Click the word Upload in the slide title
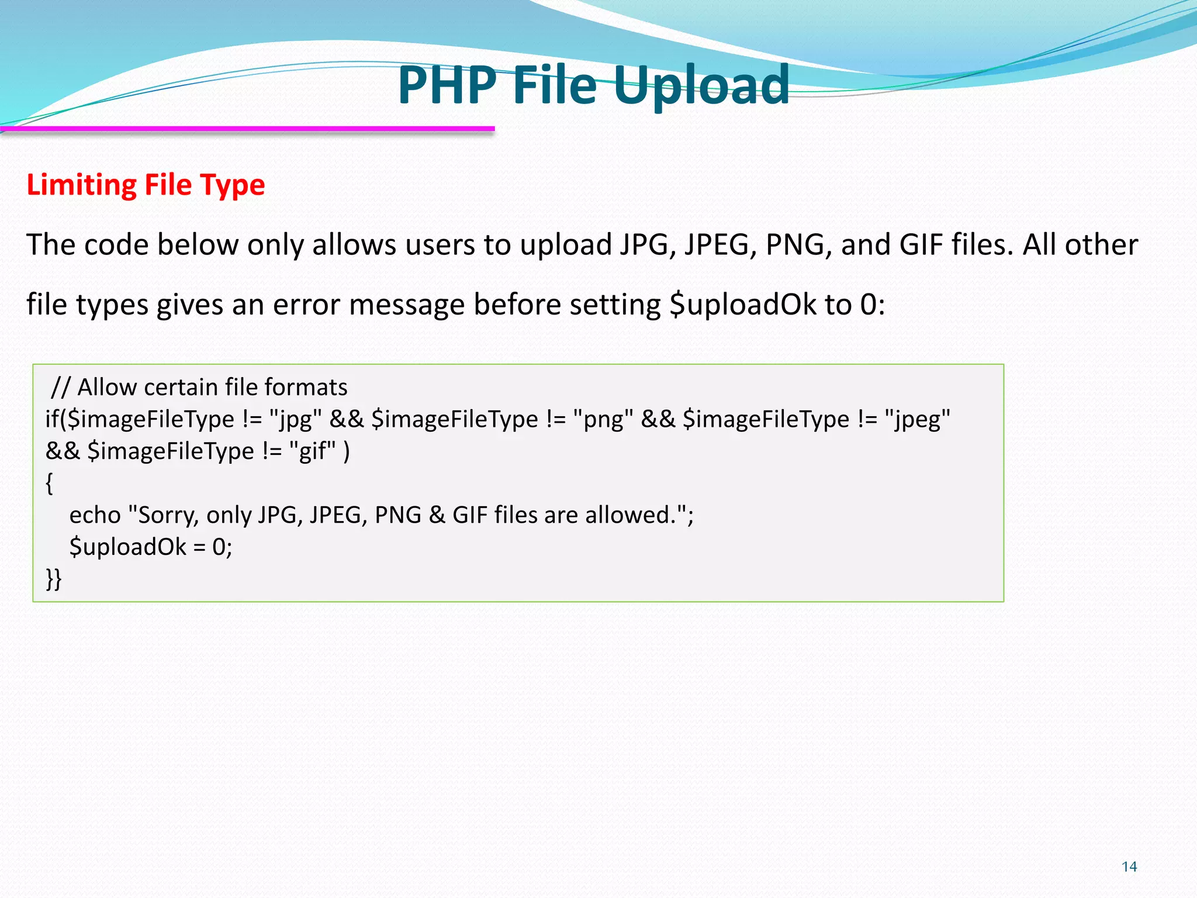point(701,87)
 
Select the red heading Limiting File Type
point(146,185)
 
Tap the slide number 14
point(1129,866)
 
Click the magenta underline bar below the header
point(248,128)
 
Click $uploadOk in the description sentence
point(742,305)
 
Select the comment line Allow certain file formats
point(199,387)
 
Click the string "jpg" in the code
point(295,419)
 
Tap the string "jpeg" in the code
point(917,419)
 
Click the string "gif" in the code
point(313,451)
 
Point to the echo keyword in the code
point(95,515)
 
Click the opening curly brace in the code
point(50,483)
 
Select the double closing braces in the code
point(54,579)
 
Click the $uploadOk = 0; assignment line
point(151,547)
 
